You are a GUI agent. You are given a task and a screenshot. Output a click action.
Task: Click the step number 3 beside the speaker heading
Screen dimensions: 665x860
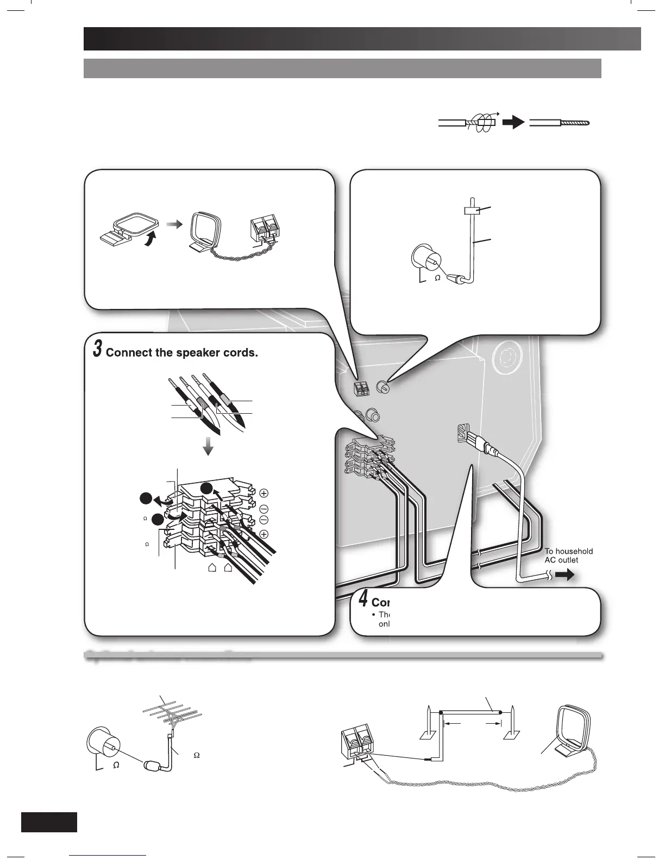[97, 349]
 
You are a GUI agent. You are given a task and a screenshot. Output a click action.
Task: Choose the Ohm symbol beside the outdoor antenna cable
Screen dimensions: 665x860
[197, 755]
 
